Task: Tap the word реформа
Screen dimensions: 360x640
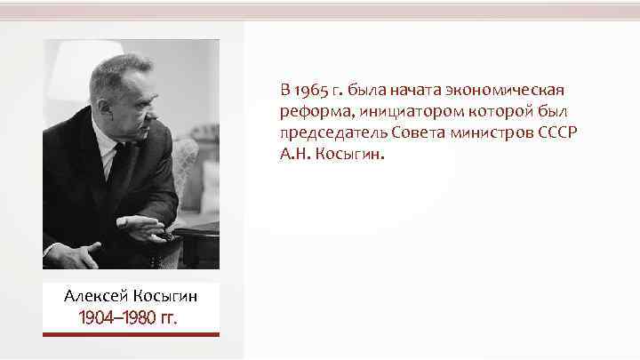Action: [x=308, y=111]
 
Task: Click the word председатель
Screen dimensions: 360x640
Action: [x=323, y=132]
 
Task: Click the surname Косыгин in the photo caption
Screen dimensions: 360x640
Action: [x=165, y=295]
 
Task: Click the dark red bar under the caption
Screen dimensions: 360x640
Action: [x=131, y=334]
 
